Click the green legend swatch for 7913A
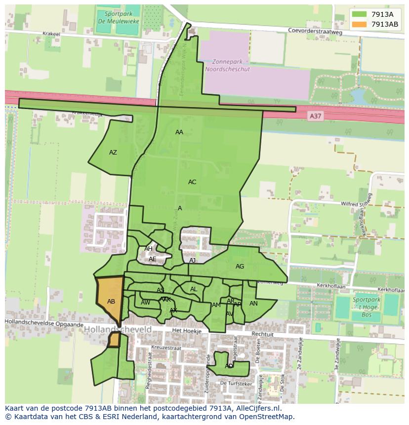pos(359,14)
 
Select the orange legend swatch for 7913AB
pos(359,24)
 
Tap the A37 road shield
pos(315,116)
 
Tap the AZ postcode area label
pos(113,153)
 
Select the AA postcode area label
pos(179,132)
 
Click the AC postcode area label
pos(192,182)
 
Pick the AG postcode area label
pos(240,267)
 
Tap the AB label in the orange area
pos(111,302)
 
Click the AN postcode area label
pos(253,304)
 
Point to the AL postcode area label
pos(194,289)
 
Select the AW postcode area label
pos(145,303)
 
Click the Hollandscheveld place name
pos(118,329)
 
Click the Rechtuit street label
pos(262,334)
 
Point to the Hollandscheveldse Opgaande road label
pos(44,323)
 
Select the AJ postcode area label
pos(193,261)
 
